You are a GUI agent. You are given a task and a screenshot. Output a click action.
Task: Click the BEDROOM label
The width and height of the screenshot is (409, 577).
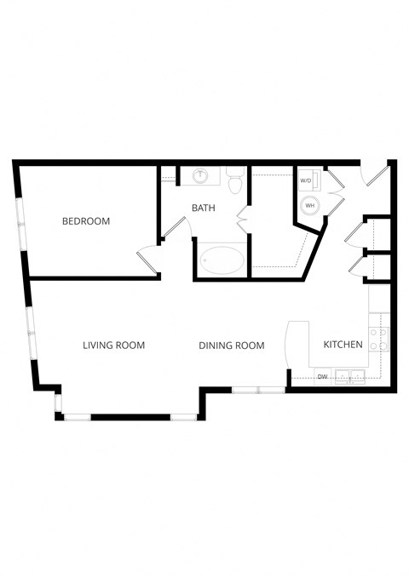86,221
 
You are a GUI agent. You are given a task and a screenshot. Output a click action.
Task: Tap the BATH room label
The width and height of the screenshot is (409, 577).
203,208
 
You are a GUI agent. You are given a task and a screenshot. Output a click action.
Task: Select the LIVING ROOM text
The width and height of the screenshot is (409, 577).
113,346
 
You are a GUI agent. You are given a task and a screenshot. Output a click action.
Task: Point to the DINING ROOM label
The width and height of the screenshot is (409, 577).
231,346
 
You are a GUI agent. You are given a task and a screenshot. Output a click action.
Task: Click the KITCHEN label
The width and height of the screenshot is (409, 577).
343,345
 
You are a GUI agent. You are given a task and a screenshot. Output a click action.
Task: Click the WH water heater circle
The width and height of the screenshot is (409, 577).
309,205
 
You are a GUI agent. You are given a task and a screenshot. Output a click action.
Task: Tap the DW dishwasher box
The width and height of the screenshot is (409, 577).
323,375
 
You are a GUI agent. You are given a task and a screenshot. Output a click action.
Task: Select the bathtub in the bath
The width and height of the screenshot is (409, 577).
222,260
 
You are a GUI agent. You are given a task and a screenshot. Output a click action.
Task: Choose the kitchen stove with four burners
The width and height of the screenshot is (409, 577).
379,339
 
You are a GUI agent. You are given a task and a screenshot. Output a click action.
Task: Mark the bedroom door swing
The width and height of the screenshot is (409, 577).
147,259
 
